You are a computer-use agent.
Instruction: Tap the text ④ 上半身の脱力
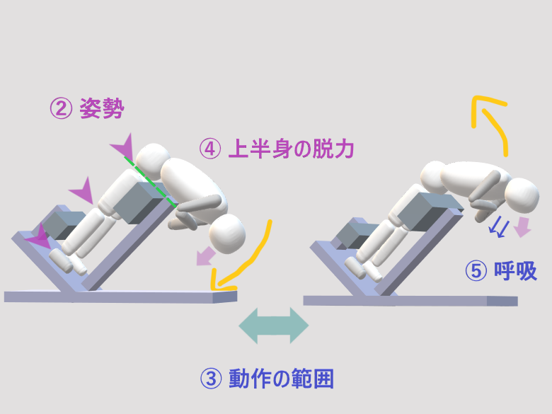[x=276, y=149]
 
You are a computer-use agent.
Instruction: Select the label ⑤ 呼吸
[x=500, y=271]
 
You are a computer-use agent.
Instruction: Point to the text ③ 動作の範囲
[x=268, y=379]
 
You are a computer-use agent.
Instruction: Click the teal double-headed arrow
[x=274, y=326]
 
